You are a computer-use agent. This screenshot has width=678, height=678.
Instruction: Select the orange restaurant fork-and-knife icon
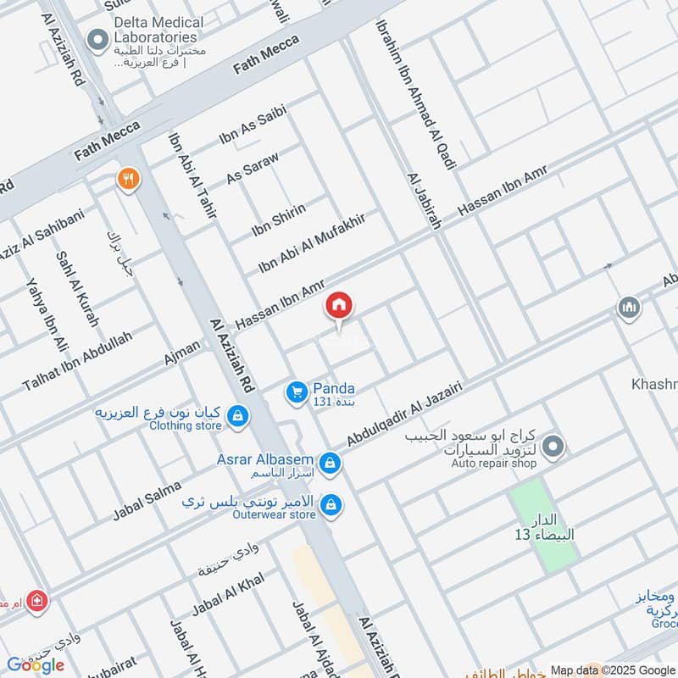(129, 179)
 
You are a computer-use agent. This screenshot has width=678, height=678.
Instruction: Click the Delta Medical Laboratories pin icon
(99, 38)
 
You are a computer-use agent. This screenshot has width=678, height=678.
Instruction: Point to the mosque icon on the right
(628, 307)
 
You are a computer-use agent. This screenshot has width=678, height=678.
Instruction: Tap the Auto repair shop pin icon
(553, 446)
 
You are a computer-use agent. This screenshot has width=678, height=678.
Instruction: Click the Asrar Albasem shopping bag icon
(331, 464)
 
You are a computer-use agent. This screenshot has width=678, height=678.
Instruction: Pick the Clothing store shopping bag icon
(239, 415)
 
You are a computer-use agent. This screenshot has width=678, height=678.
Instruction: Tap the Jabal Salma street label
(147, 502)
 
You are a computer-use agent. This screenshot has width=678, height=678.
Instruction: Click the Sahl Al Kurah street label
(77, 289)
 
